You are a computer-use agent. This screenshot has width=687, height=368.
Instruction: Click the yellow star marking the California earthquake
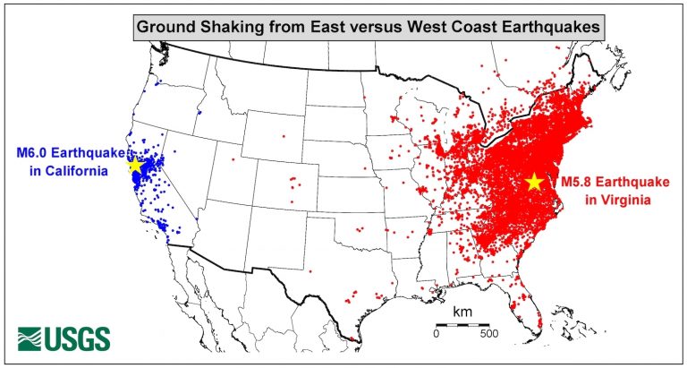(135, 165)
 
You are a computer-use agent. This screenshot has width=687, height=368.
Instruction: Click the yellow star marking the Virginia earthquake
(534, 182)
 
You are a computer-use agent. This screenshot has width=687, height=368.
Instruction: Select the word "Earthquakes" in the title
(544, 27)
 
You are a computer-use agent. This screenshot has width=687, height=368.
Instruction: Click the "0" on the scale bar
(437, 334)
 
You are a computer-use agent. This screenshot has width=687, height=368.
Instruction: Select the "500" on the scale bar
(488, 334)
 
